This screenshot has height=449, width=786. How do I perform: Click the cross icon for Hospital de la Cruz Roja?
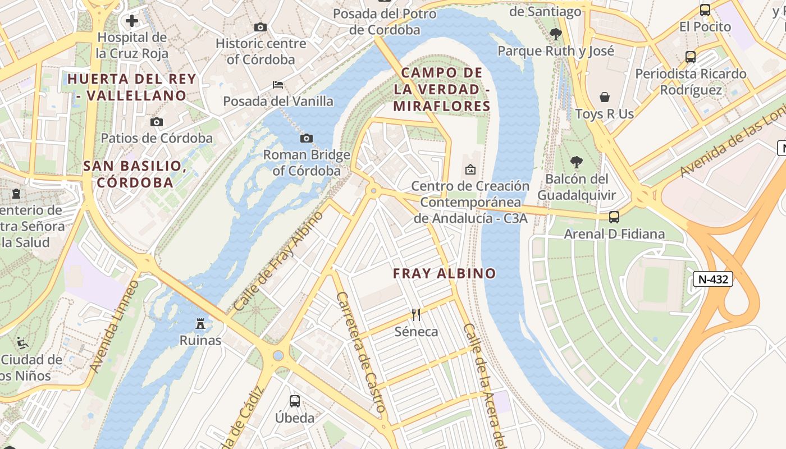coord(132,21)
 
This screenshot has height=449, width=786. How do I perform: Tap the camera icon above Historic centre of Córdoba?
coord(260,27)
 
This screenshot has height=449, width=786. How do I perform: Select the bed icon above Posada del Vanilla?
coord(277,85)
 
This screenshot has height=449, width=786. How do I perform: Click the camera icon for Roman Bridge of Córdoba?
coord(307,138)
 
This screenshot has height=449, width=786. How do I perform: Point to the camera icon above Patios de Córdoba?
coord(157,122)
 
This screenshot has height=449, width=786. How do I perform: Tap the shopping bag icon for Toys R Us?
coord(605,97)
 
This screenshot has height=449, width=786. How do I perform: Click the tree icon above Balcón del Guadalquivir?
coord(576,162)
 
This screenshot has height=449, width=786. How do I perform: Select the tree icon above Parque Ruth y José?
coord(556,34)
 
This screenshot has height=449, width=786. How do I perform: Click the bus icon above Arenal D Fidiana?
coord(614,217)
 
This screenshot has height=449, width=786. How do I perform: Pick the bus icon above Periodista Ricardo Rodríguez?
coord(691,57)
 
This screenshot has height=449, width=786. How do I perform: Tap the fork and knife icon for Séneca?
coord(416,314)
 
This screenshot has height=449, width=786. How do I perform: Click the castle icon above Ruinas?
coord(200,323)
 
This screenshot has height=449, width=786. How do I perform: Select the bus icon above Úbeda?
coord(295,401)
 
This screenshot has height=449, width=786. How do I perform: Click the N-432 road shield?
coord(712,279)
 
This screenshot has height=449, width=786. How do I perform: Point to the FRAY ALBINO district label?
coord(444,273)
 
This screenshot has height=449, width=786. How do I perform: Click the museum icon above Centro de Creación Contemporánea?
coord(470,169)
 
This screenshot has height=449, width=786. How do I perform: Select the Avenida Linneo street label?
coord(114,326)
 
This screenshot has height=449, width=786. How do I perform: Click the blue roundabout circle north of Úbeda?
coord(278,356)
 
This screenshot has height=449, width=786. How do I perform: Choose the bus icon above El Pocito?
coord(705,10)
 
